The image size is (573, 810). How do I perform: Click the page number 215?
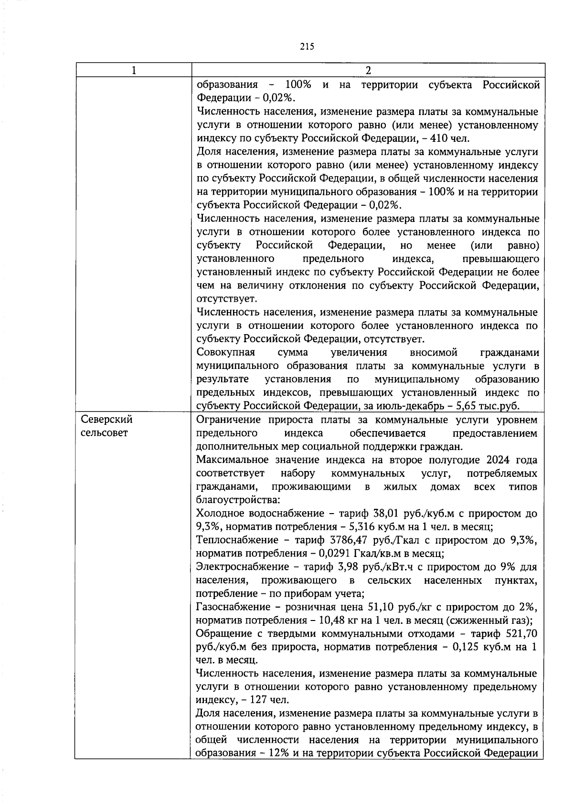[307, 46]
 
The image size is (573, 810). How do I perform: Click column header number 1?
[134, 70]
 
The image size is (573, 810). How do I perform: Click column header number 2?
[368, 70]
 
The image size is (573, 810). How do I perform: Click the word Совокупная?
[226, 352]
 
